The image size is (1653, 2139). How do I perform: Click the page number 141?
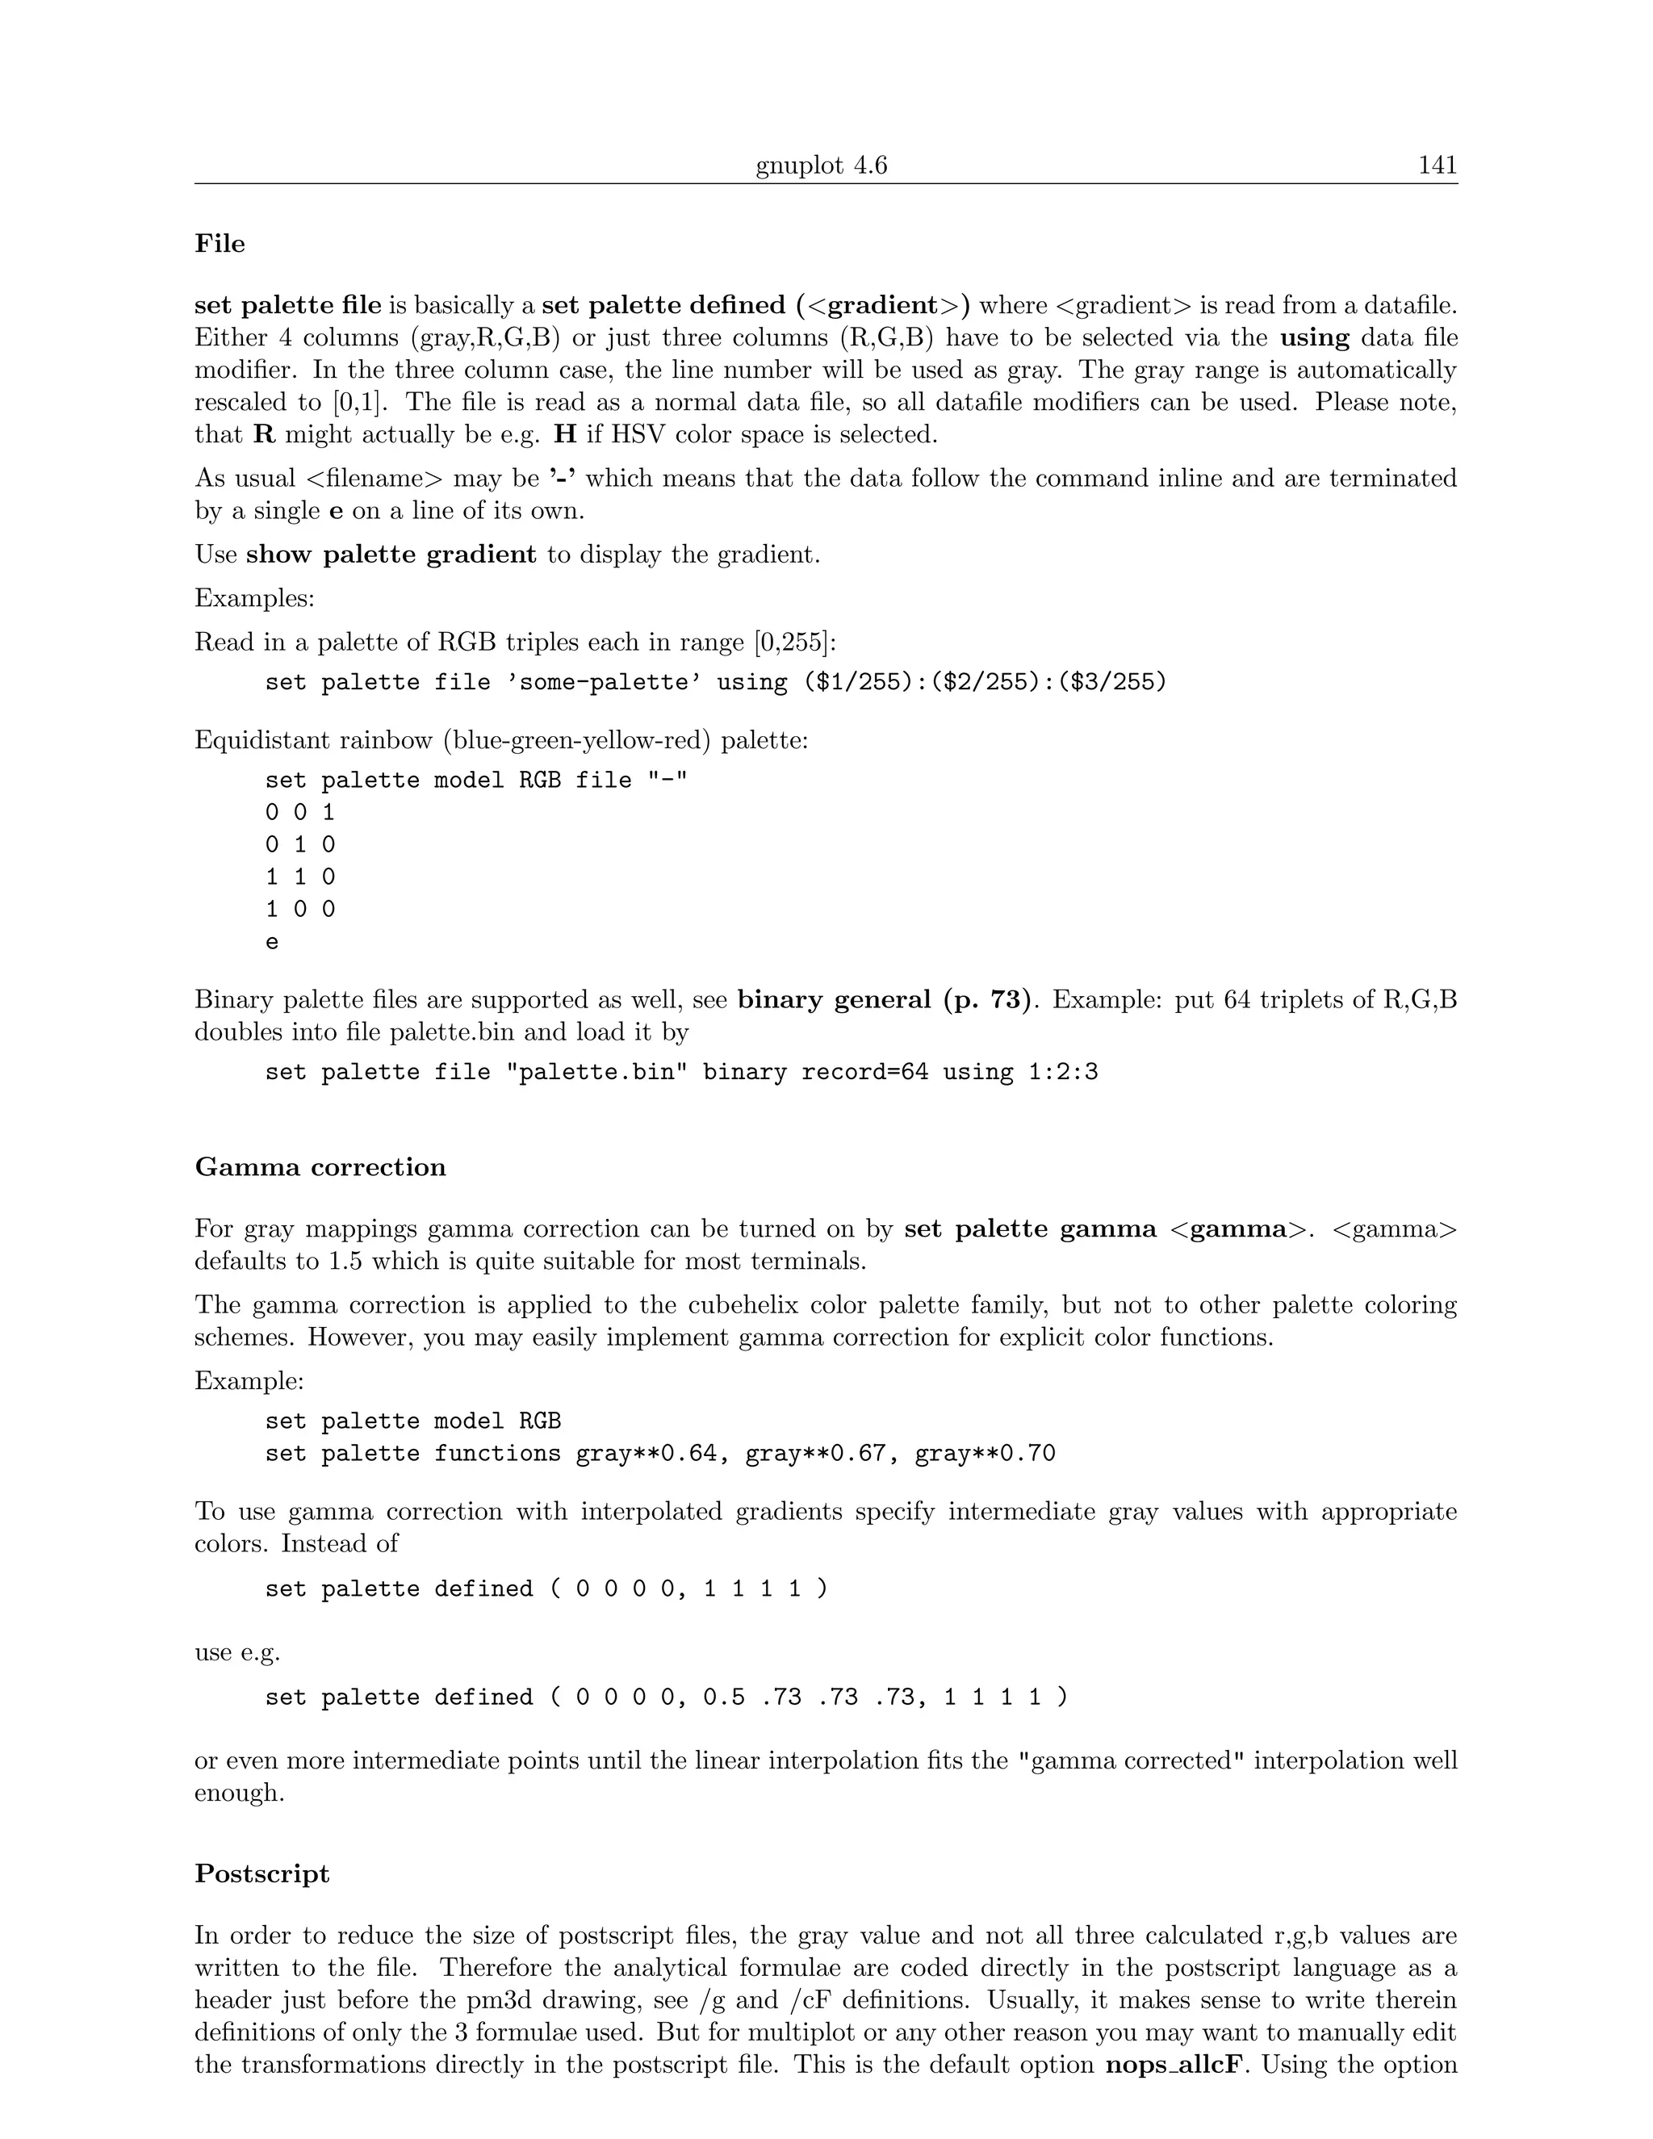1437,165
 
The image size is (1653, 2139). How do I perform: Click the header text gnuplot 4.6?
821,165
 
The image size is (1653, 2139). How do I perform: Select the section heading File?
220,244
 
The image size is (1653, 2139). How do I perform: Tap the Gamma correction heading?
320,1167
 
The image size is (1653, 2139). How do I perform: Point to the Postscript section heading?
262,1873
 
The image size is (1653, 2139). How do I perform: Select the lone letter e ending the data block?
272,942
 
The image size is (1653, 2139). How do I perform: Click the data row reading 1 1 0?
299,877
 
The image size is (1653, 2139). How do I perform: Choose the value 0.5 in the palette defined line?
724,1697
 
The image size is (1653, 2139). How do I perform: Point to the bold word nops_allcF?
1176,2066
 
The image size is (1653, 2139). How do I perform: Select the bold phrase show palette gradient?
391,555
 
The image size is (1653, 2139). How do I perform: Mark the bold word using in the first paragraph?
1314,338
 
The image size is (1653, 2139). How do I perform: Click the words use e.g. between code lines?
237,1653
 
